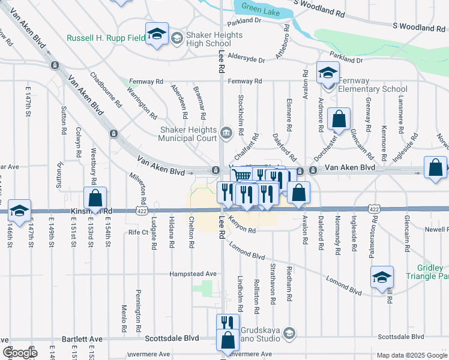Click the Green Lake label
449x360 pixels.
(262, 7)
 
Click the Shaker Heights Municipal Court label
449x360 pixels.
(187, 134)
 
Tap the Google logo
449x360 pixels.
(20, 353)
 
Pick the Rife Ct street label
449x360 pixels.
(137, 232)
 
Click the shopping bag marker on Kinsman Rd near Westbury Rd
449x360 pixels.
(95, 197)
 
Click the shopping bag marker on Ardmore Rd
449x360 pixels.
(339, 118)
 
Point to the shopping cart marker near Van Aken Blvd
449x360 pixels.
(241, 175)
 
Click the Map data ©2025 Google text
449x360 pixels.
(411, 355)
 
